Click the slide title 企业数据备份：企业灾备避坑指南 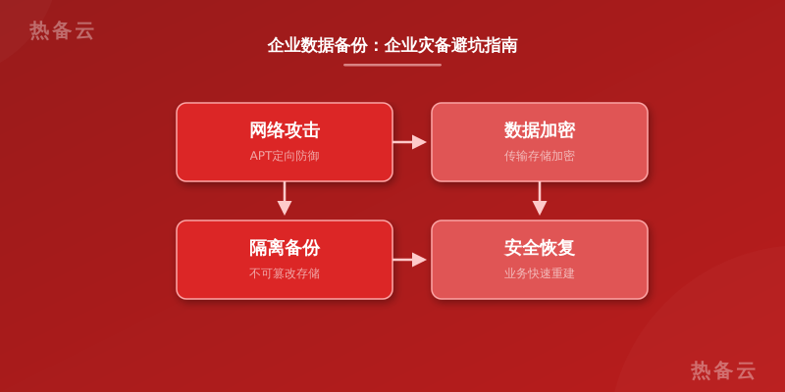(x=392, y=45)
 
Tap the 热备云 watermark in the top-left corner (x=62, y=30)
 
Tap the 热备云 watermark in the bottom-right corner (x=723, y=370)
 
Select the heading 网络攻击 (x=285, y=130)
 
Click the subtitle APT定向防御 (x=285, y=156)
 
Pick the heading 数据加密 (x=539, y=130)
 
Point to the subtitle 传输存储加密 (x=539, y=156)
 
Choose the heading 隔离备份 (x=285, y=248)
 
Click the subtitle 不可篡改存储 (x=285, y=273)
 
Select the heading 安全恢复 (x=539, y=248)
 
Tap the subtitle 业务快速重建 (x=539, y=273)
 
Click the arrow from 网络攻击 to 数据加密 (x=409, y=142)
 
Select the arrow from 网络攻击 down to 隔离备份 (x=285, y=199)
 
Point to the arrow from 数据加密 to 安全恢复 (x=539, y=199)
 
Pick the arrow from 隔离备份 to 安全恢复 (x=409, y=260)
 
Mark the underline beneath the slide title (x=392, y=65)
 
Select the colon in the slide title (x=376, y=46)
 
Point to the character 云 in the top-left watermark (x=84, y=30)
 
